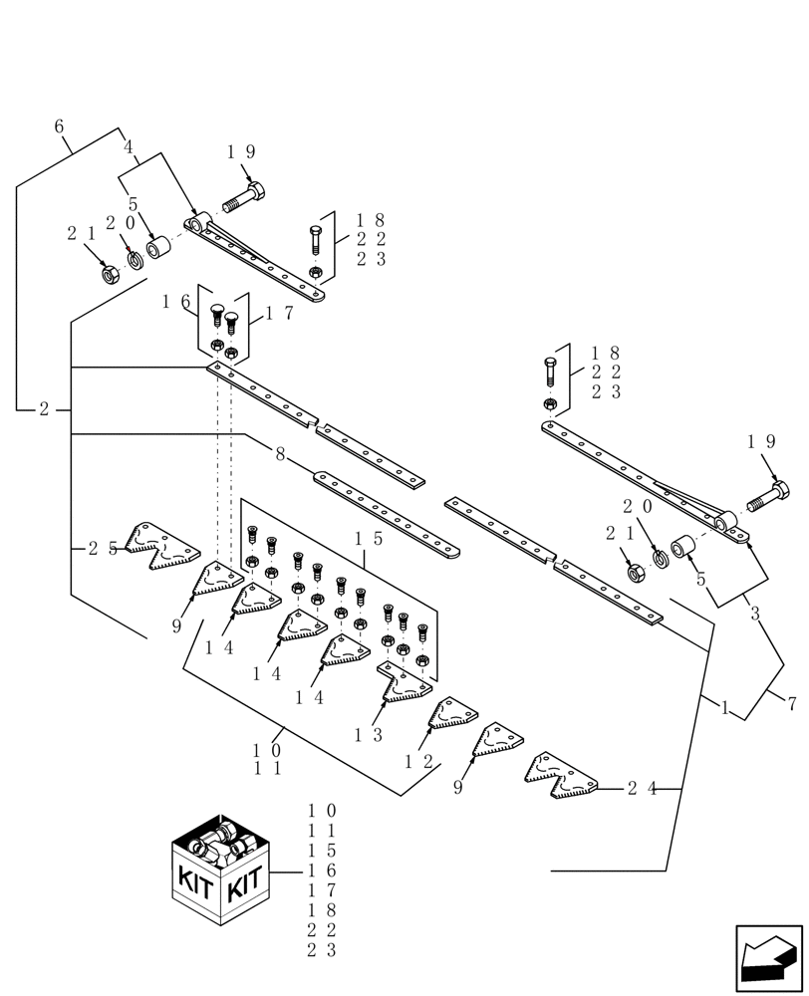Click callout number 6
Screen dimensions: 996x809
[x=59, y=126]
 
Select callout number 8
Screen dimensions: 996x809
[x=280, y=454]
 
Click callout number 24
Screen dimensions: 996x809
[x=642, y=789]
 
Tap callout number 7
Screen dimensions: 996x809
[x=791, y=704]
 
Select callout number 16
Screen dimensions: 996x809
[x=176, y=302]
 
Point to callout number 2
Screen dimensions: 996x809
[x=44, y=409]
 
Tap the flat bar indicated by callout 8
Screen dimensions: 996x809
[x=387, y=513]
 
